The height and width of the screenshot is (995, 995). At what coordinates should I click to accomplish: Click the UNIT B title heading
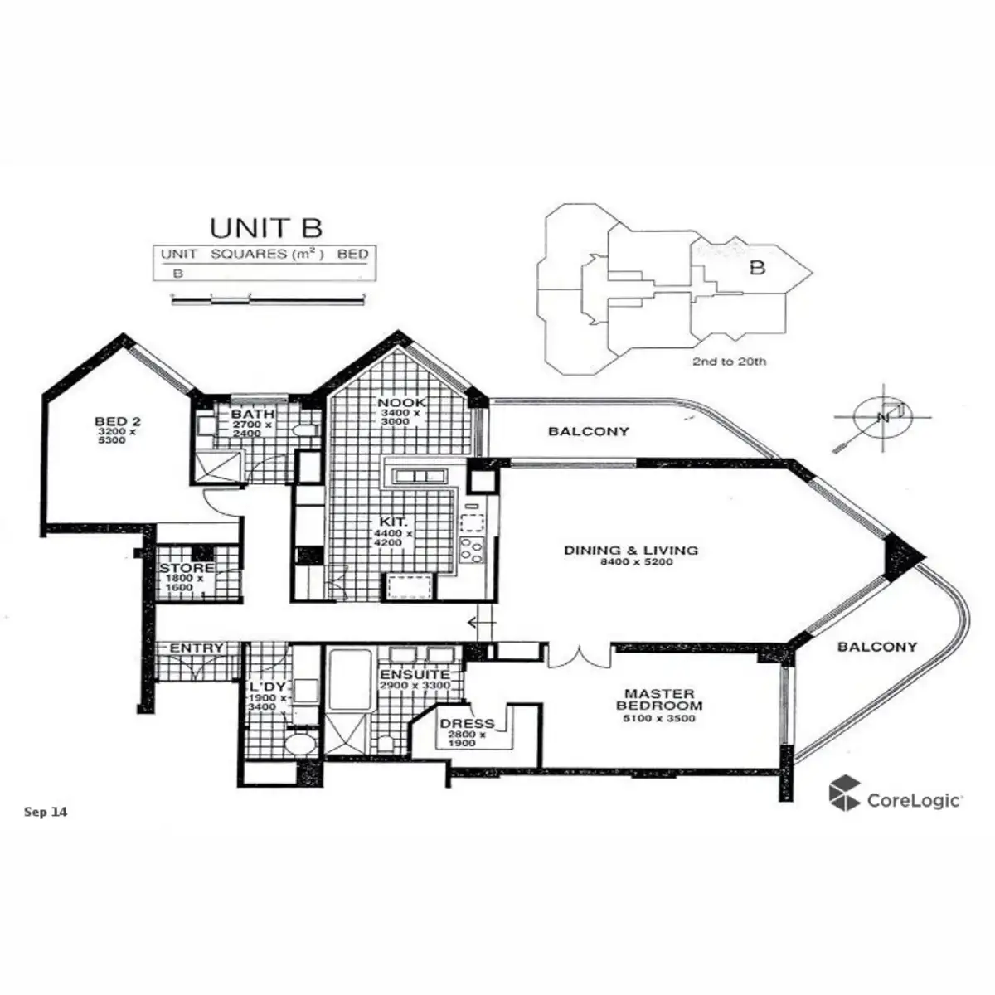[265, 226]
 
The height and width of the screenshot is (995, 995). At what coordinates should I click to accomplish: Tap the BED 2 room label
[110, 422]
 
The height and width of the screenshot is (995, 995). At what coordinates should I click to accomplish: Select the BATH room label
[247, 415]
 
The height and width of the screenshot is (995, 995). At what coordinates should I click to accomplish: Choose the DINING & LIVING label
[630, 550]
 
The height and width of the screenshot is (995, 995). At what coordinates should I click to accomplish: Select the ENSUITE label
[415, 675]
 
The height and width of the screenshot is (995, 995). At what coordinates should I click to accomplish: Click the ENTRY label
[197, 648]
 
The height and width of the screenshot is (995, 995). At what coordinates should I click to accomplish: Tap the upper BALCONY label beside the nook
[589, 431]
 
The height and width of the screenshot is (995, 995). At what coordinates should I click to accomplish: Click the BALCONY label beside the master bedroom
[877, 647]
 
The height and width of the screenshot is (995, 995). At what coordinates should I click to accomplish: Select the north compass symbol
[881, 418]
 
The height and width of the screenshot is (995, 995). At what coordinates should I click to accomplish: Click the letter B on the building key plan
[756, 268]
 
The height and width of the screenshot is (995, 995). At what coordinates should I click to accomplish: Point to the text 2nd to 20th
[729, 362]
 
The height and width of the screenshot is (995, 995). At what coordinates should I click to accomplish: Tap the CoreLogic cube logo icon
[844, 792]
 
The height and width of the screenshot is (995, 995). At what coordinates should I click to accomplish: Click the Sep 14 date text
[46, 812]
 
